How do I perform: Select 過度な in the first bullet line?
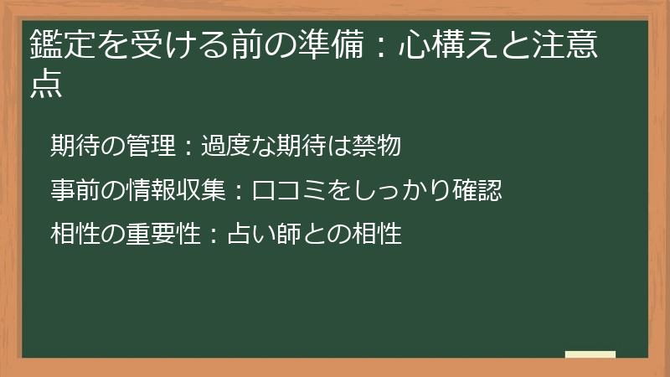(234, 147)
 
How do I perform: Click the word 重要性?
(172, 233)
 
